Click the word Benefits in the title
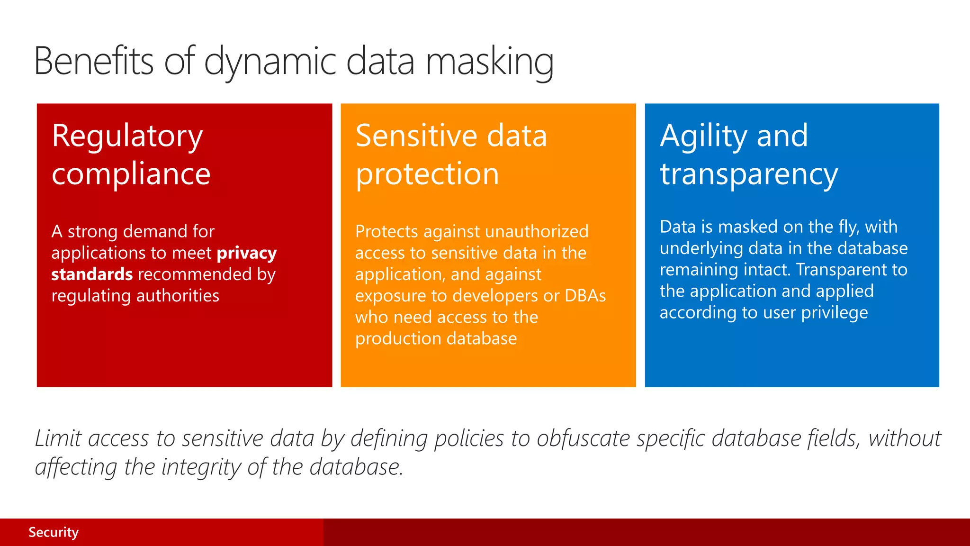(94, 62)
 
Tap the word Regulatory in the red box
(127, 136)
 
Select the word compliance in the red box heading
(131, 174)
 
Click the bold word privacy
(246, 253)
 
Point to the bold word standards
(92, 274)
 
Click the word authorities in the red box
(178, 296)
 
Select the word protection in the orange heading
(427, 174)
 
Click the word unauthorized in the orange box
(537, 231)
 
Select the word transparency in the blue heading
(749, 175)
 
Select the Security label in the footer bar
(54, 532)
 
